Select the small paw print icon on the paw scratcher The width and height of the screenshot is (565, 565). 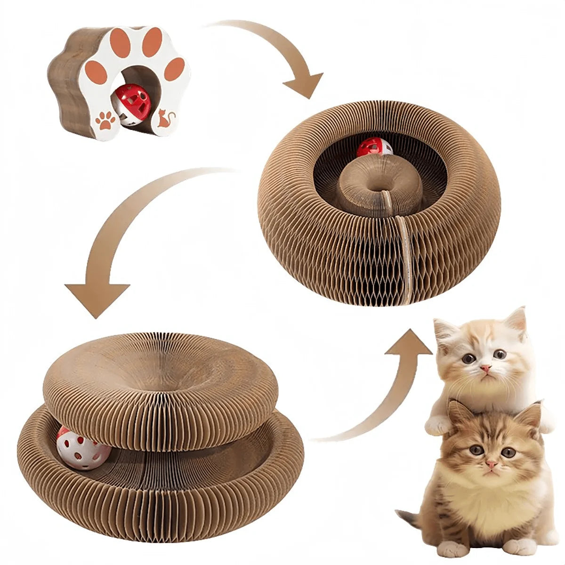pos(105,120)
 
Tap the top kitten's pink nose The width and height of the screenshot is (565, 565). pos(485,366)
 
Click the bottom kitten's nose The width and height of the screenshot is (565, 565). pos(491,465)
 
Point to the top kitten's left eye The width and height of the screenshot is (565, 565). pos(468,359)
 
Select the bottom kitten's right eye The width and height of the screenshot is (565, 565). pos(508,452)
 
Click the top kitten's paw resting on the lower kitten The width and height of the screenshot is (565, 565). pos(437,425)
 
